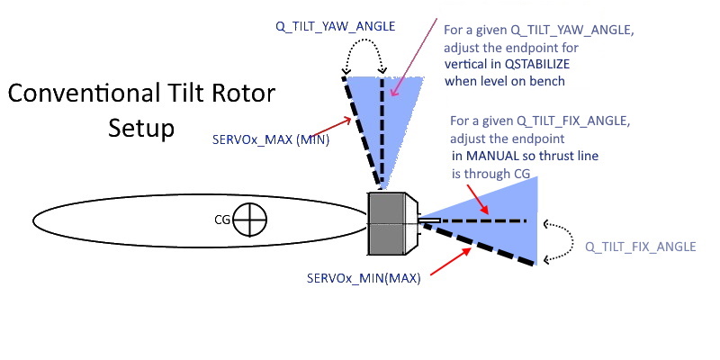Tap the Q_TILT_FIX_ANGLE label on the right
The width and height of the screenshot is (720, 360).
pyautogui.click(x=640, y=247)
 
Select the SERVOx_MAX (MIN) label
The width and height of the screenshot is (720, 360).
pyautogui.click(x=283, y=139)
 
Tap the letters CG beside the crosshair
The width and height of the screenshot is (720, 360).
pyautogui.click(x=221, y=219)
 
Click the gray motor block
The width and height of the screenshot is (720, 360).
pyautogui.click(x=389, y=223)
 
